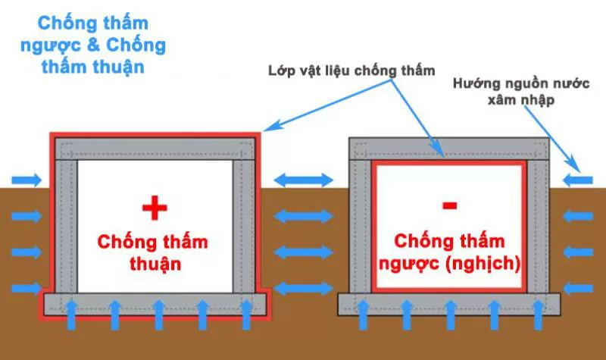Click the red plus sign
tap(153, 206)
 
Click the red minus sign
tap(449, 205)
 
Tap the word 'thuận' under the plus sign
tap(153, 265)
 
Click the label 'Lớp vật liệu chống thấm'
tap(351, 70)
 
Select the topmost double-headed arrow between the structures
tap(303, 180)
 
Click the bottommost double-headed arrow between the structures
tap(303, 289)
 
